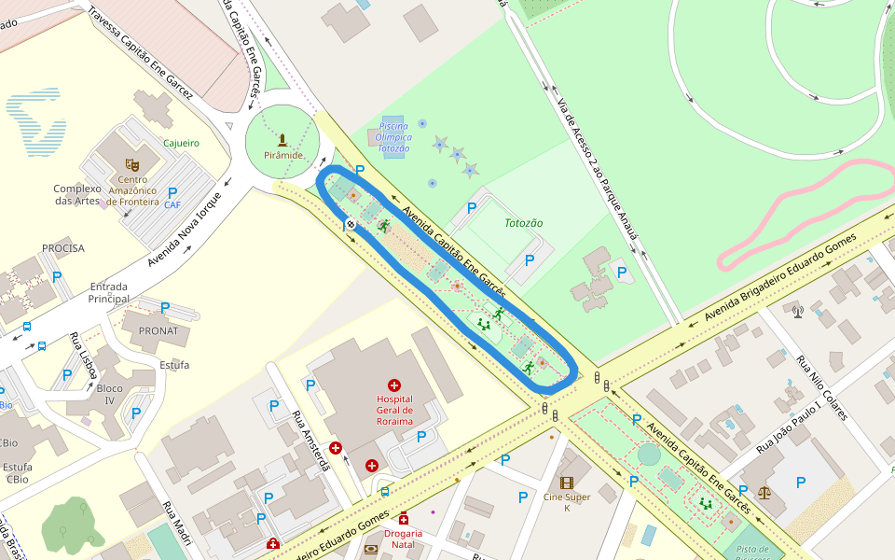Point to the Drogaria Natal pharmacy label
(x=403, y=539)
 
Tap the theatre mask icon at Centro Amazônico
(x=132, y=165)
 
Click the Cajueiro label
(x=182, y=143)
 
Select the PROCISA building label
(x=63, y=248)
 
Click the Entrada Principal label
(x=108, y=292)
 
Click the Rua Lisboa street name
(x=85, y=355)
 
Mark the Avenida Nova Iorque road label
(x=186, y=230)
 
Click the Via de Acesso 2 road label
(x=597, y=168)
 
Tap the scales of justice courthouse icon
(x=765, y=491)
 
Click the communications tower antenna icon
(x=798, y=310)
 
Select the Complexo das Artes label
(x=76, y=194)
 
